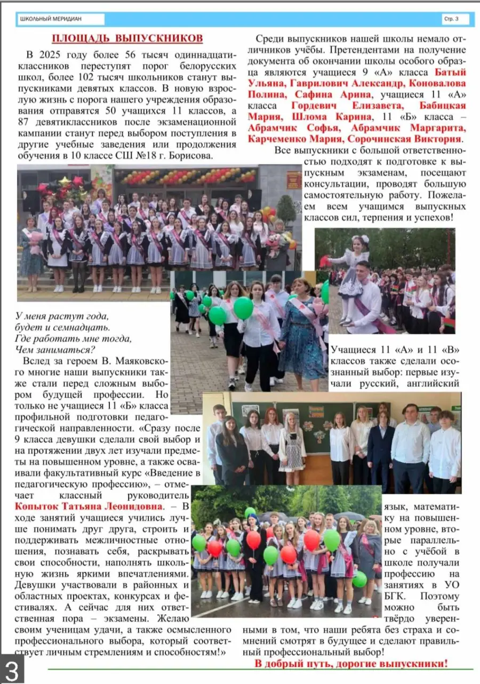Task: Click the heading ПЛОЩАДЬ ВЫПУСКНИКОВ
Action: point(127,38)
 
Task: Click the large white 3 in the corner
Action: point(12,669)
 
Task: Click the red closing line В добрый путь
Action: point(351,664)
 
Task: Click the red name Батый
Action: point(451,72)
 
